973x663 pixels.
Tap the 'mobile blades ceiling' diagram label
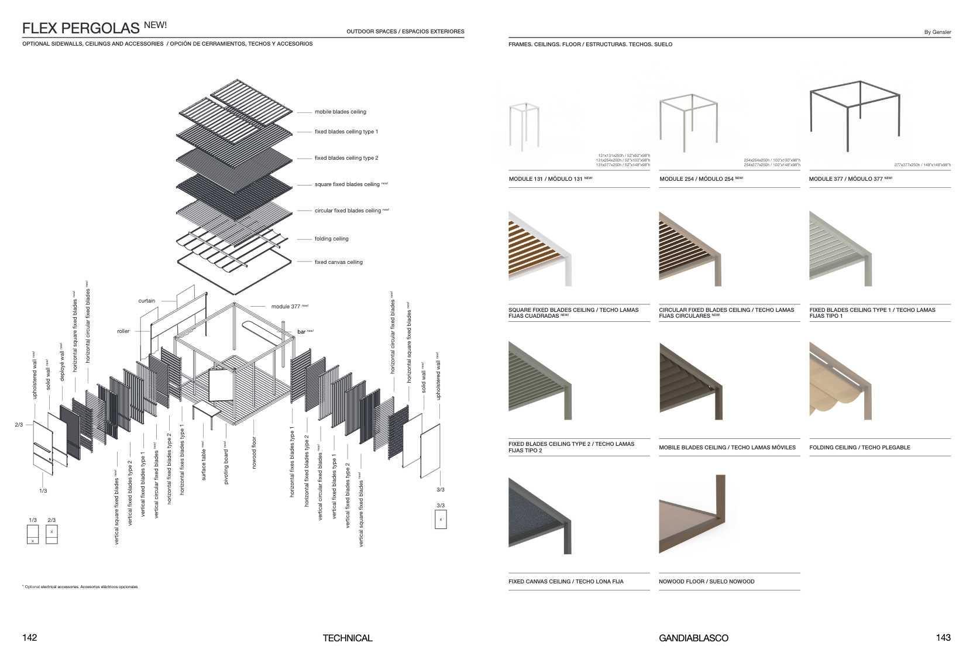pyautogui.click(x=340, y=112)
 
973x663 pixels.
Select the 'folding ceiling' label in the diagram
pyautogui.click(x=331, y=239)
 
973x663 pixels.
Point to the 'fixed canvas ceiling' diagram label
pyautogui.click(x=338, y=262)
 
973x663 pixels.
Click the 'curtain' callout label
pyautogui.click(x=146, y=301)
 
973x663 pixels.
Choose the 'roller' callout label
pyautogui.click(x=123, y=331)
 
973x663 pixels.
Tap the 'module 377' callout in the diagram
pyautogui.click(x=286, y=307)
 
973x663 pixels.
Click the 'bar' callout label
pyautogui.click(x=301, y=332)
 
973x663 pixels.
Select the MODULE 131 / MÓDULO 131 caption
pyautogui.click(x=546, y=179)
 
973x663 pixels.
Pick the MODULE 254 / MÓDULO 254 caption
pyautogui.click(x=697, y=179)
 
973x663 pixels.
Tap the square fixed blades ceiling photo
pyautogui.click(x=539, y=249)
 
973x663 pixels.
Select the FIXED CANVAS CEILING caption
pyautogui.click(x=566, y=582)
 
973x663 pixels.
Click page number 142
pyautogui.click(x=29, y=637)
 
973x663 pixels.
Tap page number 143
pyautogui.click(x=943, y=637)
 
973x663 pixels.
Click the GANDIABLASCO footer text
pyautogui.click(x=693, y=638)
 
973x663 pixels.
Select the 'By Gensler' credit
pyautogui.click(x=937, y=32)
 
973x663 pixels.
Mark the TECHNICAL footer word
pyautogui.click(x=347, y=638)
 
